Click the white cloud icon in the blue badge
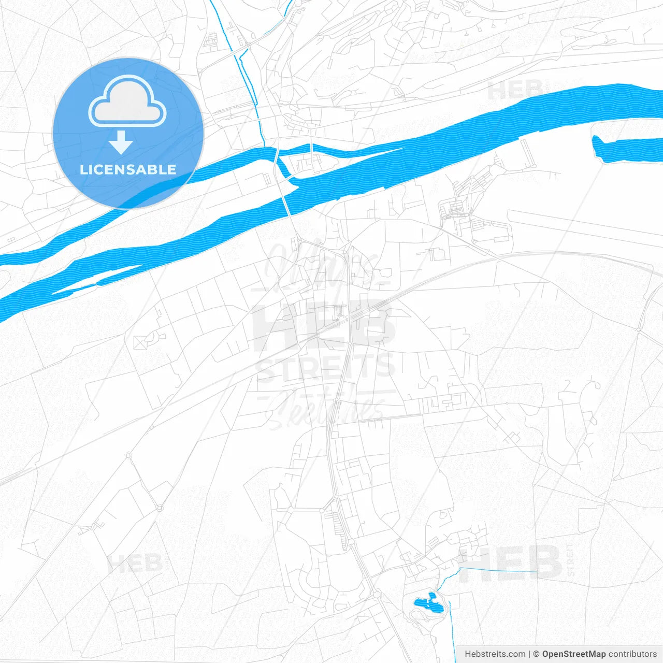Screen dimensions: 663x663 click(127, 102)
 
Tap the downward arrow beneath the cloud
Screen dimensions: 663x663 click(121, 142)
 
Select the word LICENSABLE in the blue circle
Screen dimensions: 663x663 click(128, 169)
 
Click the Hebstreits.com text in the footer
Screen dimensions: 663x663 click(495, 654)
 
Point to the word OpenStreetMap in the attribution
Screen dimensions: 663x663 click(573, 654)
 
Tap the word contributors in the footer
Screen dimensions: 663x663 click(632, 654)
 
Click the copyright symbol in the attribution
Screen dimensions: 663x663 click(536, 654)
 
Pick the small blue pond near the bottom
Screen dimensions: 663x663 click(429, 603)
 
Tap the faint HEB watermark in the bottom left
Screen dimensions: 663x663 click(135, 563)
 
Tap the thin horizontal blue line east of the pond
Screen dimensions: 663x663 click(497, 570)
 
